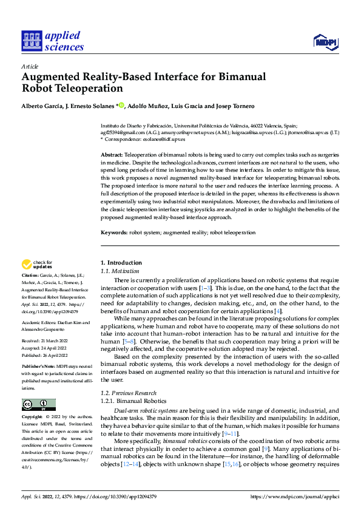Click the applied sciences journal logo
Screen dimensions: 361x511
53,41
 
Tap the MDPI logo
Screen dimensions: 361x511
325,42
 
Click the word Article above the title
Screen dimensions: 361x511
30,66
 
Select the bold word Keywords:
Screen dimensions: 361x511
114,232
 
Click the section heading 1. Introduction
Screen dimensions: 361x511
121,262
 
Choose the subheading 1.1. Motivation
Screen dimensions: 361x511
120,271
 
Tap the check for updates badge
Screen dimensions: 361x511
38,265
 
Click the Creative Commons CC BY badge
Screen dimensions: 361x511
38,405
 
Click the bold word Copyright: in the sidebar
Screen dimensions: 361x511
33,418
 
